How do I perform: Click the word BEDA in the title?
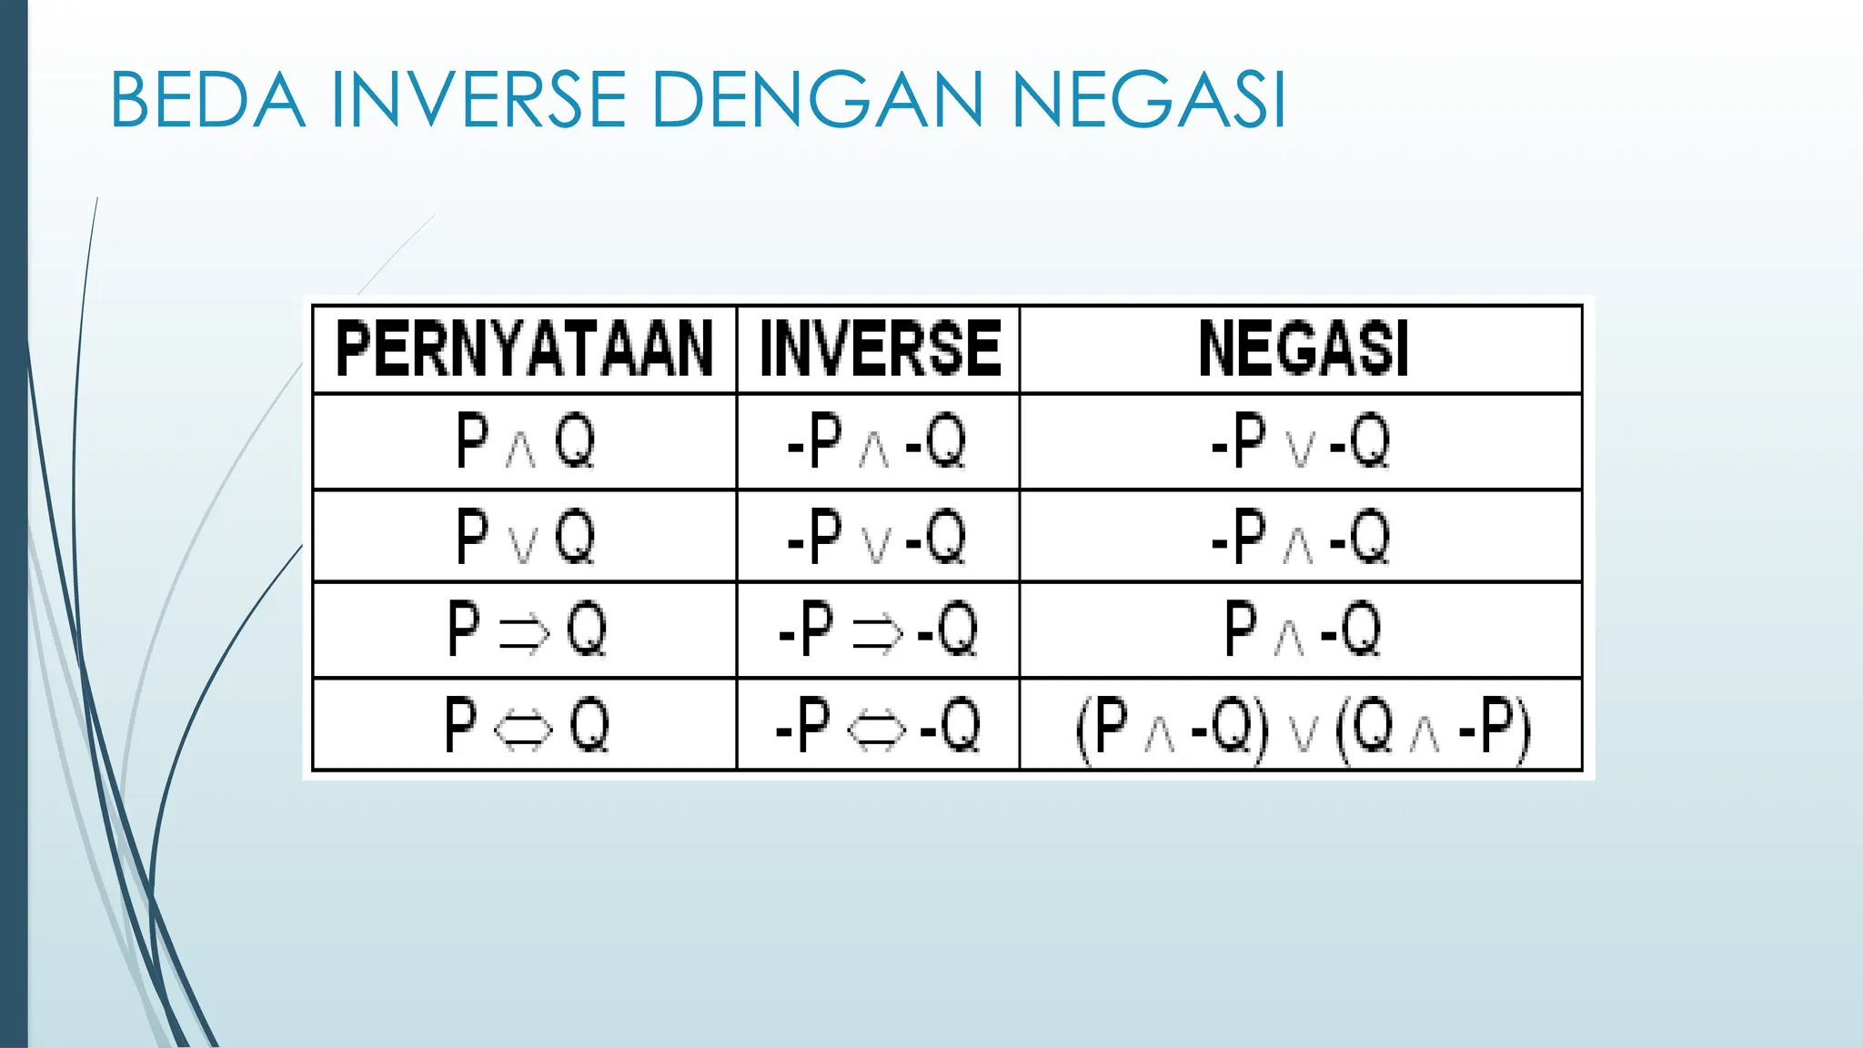206,99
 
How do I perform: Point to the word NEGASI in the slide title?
1149,99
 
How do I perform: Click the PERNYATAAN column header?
524,348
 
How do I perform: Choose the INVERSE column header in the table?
879,348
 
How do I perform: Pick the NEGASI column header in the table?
1302,348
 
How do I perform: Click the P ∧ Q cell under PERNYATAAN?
525,442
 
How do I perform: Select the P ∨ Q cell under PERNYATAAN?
525,537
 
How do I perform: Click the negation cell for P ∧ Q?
1301,442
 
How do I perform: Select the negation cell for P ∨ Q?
1301,537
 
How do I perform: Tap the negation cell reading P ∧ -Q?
1301,630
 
